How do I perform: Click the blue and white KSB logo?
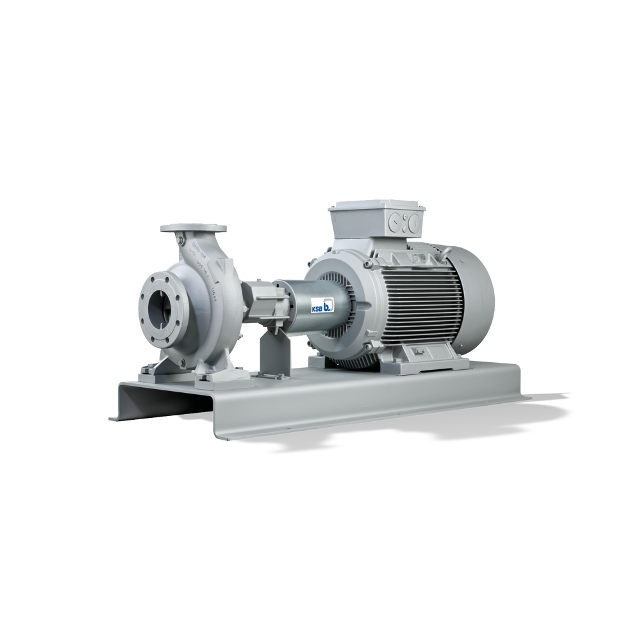pyautogui.click(x=320, y=306)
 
